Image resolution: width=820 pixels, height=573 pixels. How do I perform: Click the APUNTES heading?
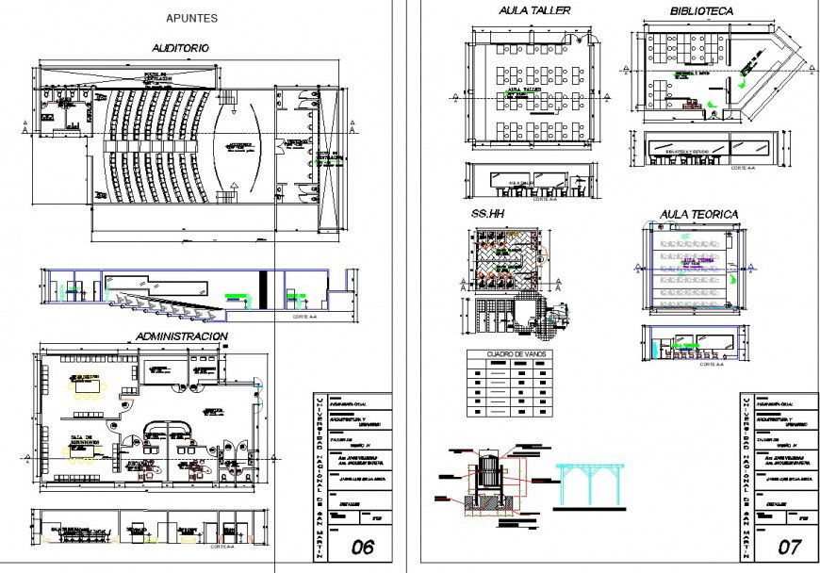pos(191,18)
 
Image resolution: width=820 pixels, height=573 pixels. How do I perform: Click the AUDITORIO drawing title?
pos(180,47)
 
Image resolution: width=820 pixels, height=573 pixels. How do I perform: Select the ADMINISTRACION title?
pos(181,336)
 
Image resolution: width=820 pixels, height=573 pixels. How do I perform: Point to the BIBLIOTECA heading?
pos(701,11)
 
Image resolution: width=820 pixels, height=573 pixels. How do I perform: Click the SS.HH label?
pos(488,215)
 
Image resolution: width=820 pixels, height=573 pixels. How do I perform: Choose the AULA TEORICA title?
pos(699,215)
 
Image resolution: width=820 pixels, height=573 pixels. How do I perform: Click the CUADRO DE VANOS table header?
pos(509,354)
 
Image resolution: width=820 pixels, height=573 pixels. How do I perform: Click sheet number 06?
pos(363,547)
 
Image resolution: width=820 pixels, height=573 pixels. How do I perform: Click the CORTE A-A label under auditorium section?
pos(305,318)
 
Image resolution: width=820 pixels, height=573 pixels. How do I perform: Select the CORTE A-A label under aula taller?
pos(544,200)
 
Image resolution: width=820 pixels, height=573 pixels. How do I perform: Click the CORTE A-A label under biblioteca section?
pos(742,168)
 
